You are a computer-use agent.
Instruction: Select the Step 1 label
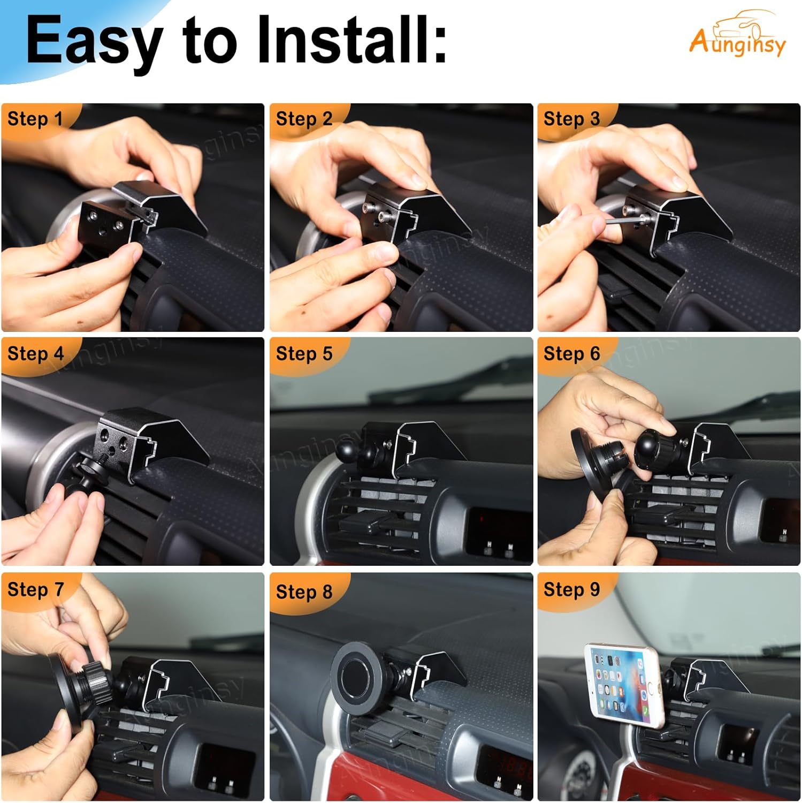click(35, 119)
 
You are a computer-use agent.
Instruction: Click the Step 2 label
click(304, 119)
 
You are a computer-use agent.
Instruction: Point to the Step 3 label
click(571, 119)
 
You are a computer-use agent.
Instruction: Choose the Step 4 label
click(35, 354)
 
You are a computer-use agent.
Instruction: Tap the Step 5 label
click(304, 354)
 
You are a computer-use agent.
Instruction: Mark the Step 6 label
click(571, 354)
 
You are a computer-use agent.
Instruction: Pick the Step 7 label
click(35, 589)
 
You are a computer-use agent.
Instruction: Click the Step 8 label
click(304, 592)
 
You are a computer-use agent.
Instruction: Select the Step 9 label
click(571, 589)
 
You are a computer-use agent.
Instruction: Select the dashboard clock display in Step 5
click(498, 527)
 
